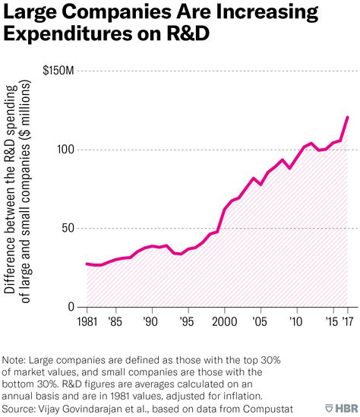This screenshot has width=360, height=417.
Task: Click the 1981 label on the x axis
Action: (x=88, y=322)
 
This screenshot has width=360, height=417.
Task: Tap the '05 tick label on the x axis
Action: (x=261, y=322)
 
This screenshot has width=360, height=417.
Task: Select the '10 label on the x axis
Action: (x=297, y=322)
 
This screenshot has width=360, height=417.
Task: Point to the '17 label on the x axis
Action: (x=349, y=322)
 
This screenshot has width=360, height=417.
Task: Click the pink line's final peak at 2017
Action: (x=348, y=117)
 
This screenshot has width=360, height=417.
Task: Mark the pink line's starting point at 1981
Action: (x=88, y=264)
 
